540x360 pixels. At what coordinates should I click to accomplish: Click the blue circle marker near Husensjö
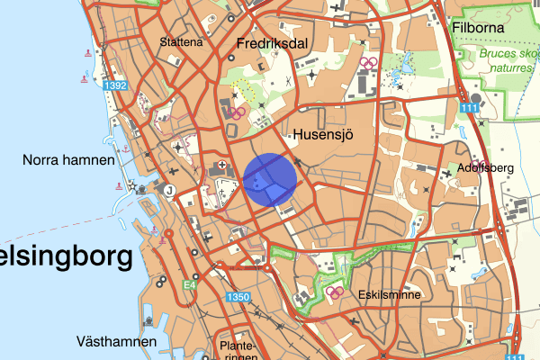coord(271,179)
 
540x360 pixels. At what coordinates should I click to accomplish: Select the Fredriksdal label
coord(273,43)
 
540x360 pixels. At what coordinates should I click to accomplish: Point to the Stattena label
coord(181,41)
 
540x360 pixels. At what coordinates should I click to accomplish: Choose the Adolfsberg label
coord(487,167)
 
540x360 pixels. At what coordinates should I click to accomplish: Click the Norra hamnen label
coord(69,160)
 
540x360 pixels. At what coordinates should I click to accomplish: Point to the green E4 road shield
coord(189,285)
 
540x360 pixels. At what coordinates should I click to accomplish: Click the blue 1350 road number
coord(238,298)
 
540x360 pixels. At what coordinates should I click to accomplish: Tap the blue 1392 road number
coord(116,85)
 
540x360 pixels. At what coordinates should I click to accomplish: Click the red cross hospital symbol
coord(222,166)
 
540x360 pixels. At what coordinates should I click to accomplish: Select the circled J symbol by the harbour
coord(168,189)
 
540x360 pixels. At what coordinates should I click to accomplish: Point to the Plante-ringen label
coord(238,351)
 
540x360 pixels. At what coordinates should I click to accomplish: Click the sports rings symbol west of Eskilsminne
coord(334,292)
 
